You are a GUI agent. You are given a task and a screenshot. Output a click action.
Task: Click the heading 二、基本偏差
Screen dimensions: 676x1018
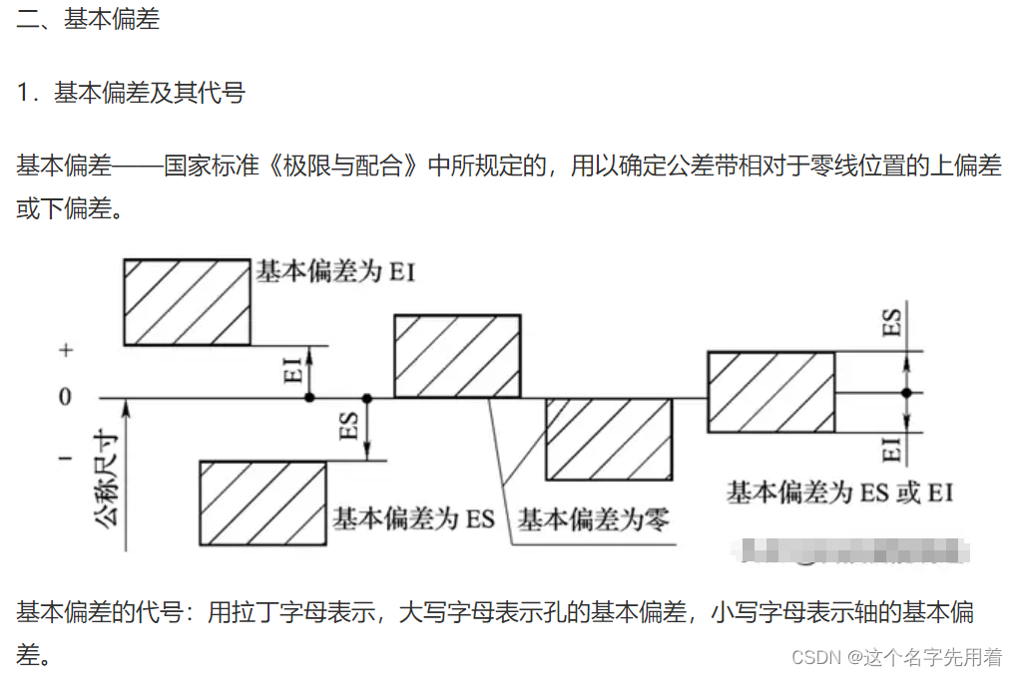pos(88,20)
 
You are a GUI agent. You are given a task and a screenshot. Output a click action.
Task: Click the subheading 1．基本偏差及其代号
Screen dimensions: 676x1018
pos(131,94)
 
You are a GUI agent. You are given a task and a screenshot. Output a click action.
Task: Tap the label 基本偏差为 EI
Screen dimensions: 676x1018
pos(335,270)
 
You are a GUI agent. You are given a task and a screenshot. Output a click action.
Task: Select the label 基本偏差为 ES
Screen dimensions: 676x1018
pos(413,518)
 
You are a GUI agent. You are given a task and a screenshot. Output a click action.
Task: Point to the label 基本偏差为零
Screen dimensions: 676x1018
pos(593,518)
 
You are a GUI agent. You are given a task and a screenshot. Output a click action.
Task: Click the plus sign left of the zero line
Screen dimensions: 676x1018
pos(66,351)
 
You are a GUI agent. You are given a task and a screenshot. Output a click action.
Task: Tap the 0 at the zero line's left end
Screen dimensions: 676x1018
pos(65,397)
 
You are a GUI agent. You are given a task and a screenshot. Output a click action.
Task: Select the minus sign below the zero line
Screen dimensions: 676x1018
pos(66,459)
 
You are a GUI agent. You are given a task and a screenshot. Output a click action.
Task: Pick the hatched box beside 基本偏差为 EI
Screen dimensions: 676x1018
pos(187,302)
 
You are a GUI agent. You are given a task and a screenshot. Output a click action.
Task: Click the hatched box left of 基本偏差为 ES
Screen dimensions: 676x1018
pos(262,503)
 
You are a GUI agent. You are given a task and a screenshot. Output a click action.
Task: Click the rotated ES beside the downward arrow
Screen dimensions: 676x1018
pos(349,426)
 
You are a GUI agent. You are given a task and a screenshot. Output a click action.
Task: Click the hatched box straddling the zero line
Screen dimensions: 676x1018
pos(770,392)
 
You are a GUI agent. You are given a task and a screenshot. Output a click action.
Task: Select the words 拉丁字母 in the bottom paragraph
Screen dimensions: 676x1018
pos(290,612)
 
